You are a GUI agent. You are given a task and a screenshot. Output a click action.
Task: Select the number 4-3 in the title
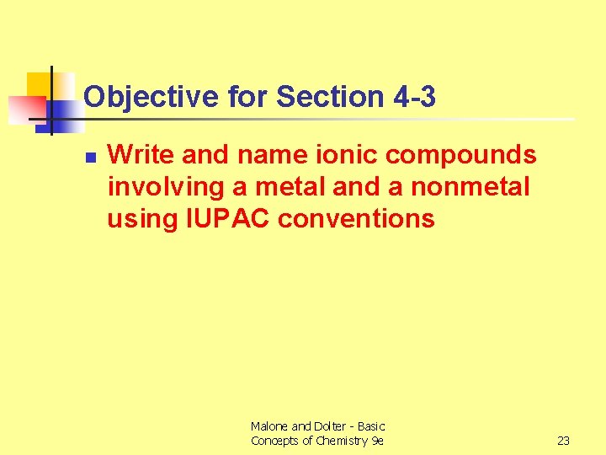click(x=414, y=98)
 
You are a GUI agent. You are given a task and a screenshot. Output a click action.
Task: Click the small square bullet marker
click(x=90, y=157)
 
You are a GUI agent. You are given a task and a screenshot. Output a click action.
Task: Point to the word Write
click(x=141, y=155)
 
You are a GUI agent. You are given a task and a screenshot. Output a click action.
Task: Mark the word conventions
click(x=356, y=219)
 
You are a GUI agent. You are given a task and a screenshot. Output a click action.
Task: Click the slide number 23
click(x=564, y=441)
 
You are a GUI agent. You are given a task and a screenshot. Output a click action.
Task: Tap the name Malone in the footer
click(x=269, y=427)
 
